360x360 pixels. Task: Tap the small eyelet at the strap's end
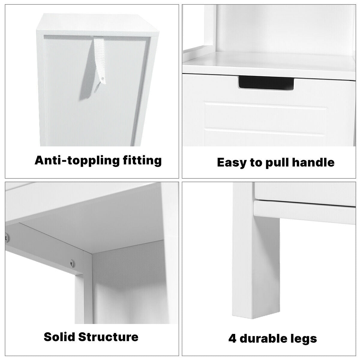pyautogui.click(x=103, y=79)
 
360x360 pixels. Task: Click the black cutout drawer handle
pyautogui.click(x=266, y=82)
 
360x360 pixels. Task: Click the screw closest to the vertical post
pyautogui.click(x=72, y=264)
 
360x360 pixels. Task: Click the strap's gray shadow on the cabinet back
pyautogui.click(x=87, y=75)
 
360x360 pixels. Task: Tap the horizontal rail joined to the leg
pyautogui.click(x=304, y=212)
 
